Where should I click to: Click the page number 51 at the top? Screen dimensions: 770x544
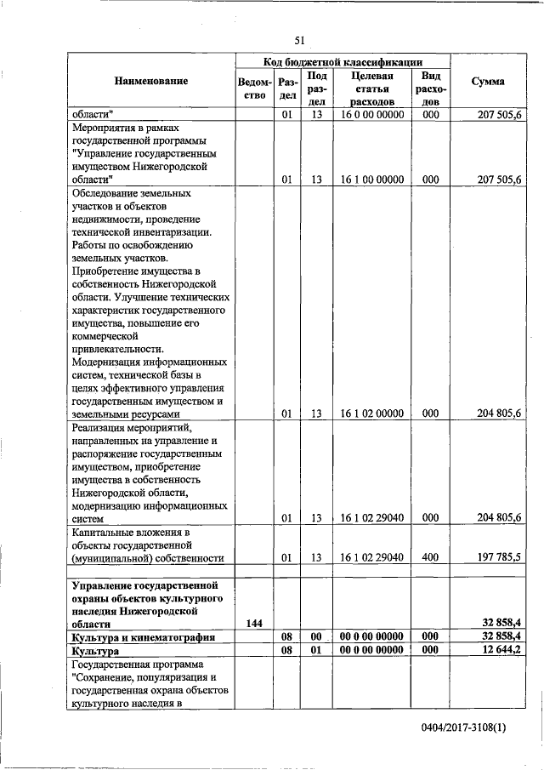pyautogui.click(x=299, y=40)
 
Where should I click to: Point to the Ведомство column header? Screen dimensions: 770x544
pyautogui.click(x=255, y=88)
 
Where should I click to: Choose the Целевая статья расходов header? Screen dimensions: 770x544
pyautogui.click(x=371, y=88)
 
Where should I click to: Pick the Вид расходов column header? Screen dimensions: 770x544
pyautogui.click(x=430, y=88)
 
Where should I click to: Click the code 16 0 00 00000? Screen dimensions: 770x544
pyautogui.click(x=371, y=114)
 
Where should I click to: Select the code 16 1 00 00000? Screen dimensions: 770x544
pyautogui.click(x=371, y=180)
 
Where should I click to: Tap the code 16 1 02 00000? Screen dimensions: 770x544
pyautogui.click(x=371, y=414)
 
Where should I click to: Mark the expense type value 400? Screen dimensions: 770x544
pyautogui.click(x=430, y=558)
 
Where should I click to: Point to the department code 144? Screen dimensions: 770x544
pyautogui.click(x=253, y=624)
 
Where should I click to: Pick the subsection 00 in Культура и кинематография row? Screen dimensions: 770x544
pyautogui.click(x=315, y=637)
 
